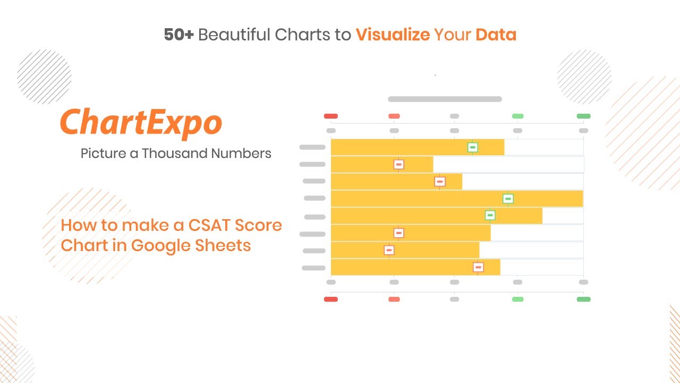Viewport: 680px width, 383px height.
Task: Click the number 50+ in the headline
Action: pyautogui.click(x=178, y=35)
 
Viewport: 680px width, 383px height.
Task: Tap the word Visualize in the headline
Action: pyautogui.click(x=393, y=35)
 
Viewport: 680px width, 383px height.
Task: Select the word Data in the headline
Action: pyautogui.click(x=496, y=35)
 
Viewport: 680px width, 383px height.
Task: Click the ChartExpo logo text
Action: pyautogui.click(x=141, y=123)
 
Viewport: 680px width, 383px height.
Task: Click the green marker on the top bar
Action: pyautogui.click(x=472, y=147)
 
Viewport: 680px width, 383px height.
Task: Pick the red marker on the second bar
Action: pyautogui.click(x=398, y=164)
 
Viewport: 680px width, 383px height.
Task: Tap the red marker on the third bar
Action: pyautogui.click(x=439, y=181)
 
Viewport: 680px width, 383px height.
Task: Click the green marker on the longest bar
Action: pyautogui.click(x=508, y=199)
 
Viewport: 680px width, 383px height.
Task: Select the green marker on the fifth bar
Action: pyautogui.click(x=490, y=215)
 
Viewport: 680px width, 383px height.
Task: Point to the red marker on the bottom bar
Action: pyautogui.click(x=478, y=267)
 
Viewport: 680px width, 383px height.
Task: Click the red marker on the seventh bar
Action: pyautogui.click(x=389, y=250)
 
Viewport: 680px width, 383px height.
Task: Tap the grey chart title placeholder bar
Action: pyautogui.click(x=445, y=99)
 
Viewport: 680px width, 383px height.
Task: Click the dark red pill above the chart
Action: pyautogui.click(x=331, y=116)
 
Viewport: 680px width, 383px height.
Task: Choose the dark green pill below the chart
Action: pyautogui.click(x=583, y=299)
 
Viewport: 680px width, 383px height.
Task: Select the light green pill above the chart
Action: pyautogui.click(x=517, y=116)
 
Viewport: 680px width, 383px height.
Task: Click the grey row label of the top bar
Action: pyautogui.click(x=312, y=147)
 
